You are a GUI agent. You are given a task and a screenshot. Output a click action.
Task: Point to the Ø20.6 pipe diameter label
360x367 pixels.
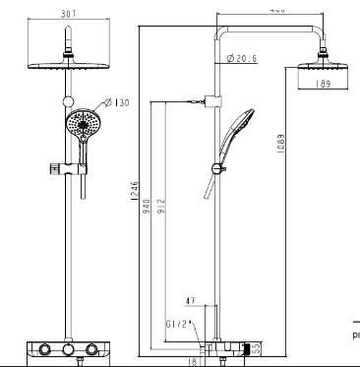point(241,59)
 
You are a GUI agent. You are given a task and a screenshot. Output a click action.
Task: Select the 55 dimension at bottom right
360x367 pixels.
point(258,347)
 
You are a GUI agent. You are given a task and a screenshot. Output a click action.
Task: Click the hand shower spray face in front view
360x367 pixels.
point(82,126)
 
